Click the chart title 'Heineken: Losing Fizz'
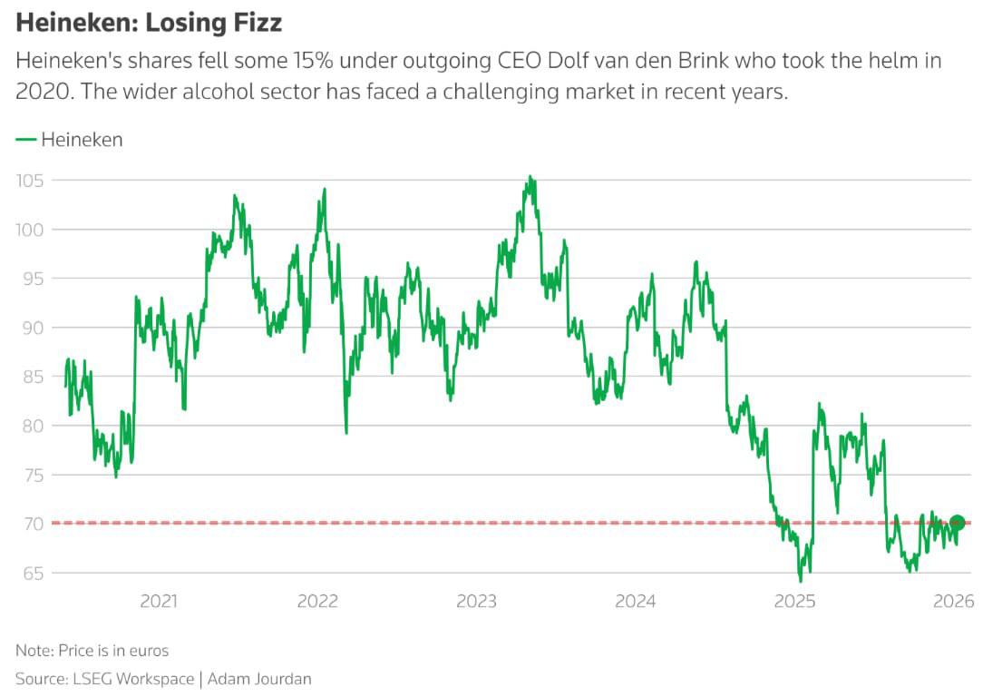149,22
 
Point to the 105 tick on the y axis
30,181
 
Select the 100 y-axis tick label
30,230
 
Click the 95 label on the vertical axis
30,279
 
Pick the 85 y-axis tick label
30,377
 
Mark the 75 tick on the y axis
30,475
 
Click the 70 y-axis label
30,524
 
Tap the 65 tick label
30,573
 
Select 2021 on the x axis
159,602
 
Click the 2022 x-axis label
317,602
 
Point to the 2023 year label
476,602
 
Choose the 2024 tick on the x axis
635,602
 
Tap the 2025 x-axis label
795,602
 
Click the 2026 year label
954,602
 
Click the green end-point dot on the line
957,523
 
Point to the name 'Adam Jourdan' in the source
261,679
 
